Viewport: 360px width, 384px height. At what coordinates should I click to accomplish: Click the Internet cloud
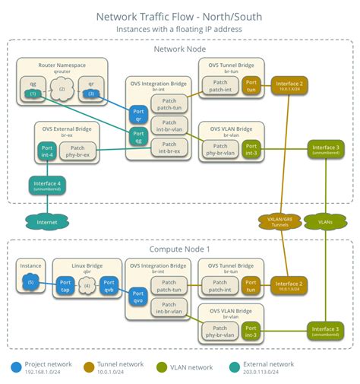point(46,222)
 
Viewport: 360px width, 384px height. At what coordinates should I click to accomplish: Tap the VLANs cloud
point(325,221)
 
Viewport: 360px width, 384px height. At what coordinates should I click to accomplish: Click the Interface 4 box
point(46,184)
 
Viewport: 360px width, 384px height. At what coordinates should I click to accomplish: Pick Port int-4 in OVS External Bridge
point(46,151)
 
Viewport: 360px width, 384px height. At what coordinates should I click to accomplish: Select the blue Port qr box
point(137,114)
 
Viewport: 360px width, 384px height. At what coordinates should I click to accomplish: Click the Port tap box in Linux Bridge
point(65,286)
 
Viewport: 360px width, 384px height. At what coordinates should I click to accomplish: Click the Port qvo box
point(137,297)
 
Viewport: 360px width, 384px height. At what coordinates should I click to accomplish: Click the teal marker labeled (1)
point(33,93)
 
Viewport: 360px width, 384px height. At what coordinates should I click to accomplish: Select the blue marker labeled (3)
point(90,93)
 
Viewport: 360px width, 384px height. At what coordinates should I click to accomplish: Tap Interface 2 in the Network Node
point(289,86)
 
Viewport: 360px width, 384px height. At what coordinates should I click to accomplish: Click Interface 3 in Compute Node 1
point(325,329)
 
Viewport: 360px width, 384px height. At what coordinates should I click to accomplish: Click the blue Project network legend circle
point(16,367)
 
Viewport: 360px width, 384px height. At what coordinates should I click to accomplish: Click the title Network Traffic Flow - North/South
point(180,16)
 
